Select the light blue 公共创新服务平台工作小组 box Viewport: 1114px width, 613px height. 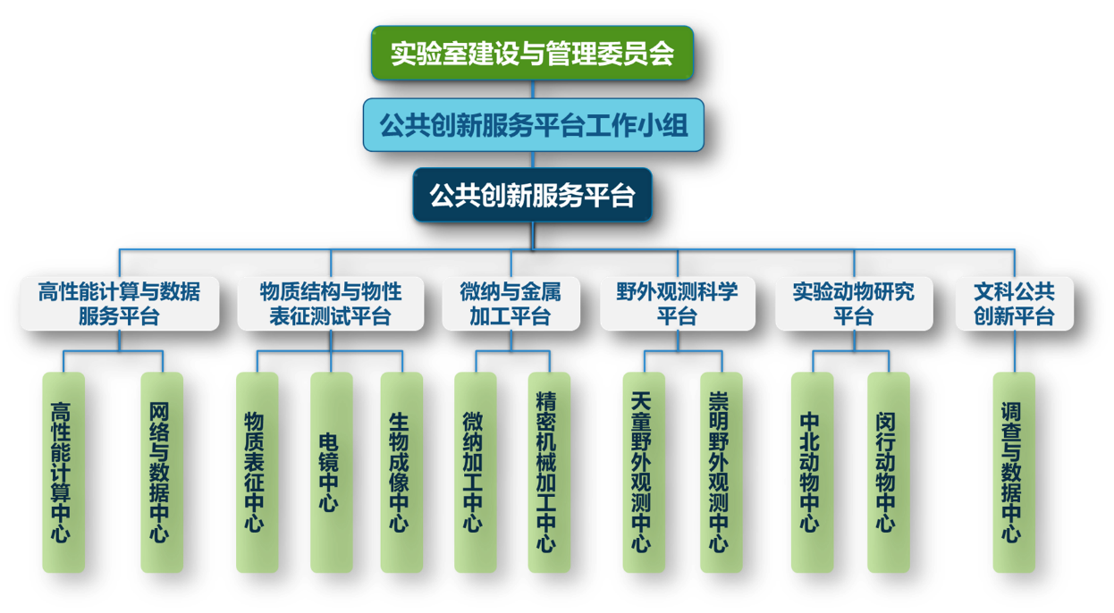(x=533, y=125)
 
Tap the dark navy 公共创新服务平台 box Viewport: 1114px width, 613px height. (x=532, y=196)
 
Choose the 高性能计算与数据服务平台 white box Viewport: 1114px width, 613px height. (x=119, y=304)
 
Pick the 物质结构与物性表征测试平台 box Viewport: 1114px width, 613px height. (x=331, y=304)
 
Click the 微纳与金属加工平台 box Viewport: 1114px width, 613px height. (x=511, y=304)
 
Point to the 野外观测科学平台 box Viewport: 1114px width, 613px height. (x=677, y=304)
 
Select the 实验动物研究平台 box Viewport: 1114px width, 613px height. (x=853, y=304)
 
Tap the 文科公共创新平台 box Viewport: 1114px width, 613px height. (x=1014, y=304)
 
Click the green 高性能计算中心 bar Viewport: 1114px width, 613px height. (x=63, y=472)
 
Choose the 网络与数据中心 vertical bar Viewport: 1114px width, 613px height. (x=162, y=472)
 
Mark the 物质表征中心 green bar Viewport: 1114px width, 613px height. (x=255, y=472)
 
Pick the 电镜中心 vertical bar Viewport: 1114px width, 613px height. (x=331, y=472)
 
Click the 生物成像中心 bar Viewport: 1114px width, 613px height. (x=401, y=472)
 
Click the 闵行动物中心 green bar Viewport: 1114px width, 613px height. (x=888, y=472)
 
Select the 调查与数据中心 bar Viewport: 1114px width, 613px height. (x=1013, y=472)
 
